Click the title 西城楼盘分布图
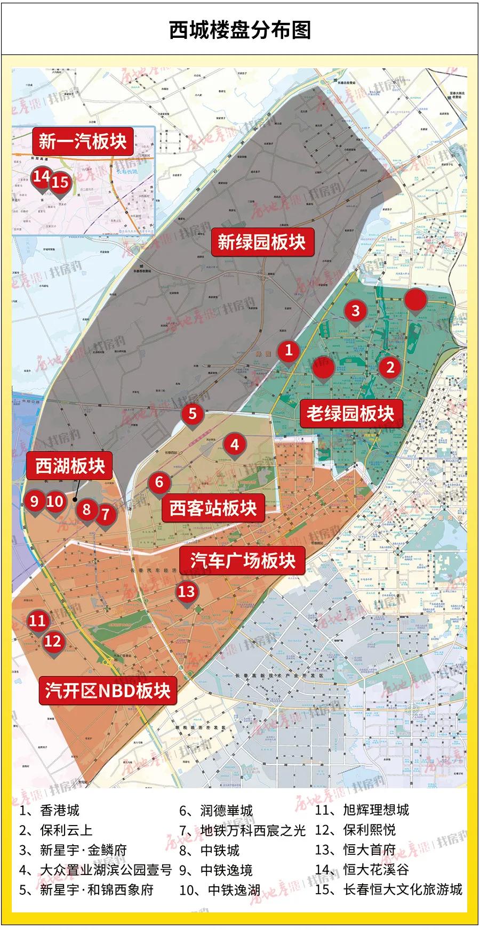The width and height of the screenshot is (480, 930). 240,30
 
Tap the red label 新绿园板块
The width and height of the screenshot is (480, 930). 261,242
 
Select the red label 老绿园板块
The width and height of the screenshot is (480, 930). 350,413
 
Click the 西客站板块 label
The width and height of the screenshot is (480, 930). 213,508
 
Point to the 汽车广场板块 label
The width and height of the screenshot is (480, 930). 243,561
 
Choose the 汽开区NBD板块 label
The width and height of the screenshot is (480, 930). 108,690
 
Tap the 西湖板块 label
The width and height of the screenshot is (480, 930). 70,466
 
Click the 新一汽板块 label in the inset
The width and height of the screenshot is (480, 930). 82,141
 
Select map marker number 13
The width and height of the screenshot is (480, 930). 187,591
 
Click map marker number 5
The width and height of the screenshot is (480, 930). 193,414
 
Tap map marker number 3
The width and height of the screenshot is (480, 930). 355,310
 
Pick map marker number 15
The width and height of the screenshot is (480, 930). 60,182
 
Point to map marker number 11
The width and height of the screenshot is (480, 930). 37,620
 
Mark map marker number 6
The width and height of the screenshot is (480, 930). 159,482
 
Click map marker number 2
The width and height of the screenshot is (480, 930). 390,367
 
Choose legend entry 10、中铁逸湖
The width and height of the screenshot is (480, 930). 220,889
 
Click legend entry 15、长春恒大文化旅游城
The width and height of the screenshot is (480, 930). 389,889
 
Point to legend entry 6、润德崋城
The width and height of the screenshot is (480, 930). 216,811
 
